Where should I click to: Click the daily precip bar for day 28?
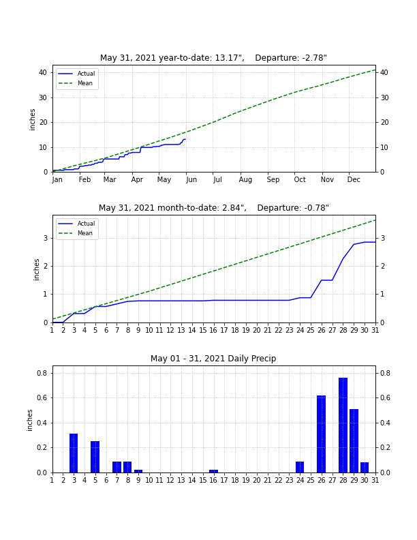tap(343, 425)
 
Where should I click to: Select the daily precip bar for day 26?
tap(322, 434)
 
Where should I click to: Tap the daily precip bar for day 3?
tap(74, 453)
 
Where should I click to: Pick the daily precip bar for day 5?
tap(95, 457)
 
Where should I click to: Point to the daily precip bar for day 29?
tap(354, 441)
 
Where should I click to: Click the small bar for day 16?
tap(214, 471)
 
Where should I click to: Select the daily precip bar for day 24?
tap(300, 467)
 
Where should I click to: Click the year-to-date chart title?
tap(213, 58)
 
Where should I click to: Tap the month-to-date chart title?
tap(214, 208)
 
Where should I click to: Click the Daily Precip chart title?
tap(213, 359)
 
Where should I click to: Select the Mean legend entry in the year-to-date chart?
tap(76, 83)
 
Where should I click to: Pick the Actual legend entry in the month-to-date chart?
tap(76, 224)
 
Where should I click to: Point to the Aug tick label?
tap(245, 179)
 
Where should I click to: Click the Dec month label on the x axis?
tap(354, 179)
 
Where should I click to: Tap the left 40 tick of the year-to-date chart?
tap(43, 73)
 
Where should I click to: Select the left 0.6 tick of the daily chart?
tap(42, 397)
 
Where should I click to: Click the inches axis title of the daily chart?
tap(29, 420)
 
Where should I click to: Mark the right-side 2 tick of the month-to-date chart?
tap(383, 266)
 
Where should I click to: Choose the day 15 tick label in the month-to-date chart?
tap(203, 330)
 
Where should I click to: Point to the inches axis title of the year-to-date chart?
tap(32, 119)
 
